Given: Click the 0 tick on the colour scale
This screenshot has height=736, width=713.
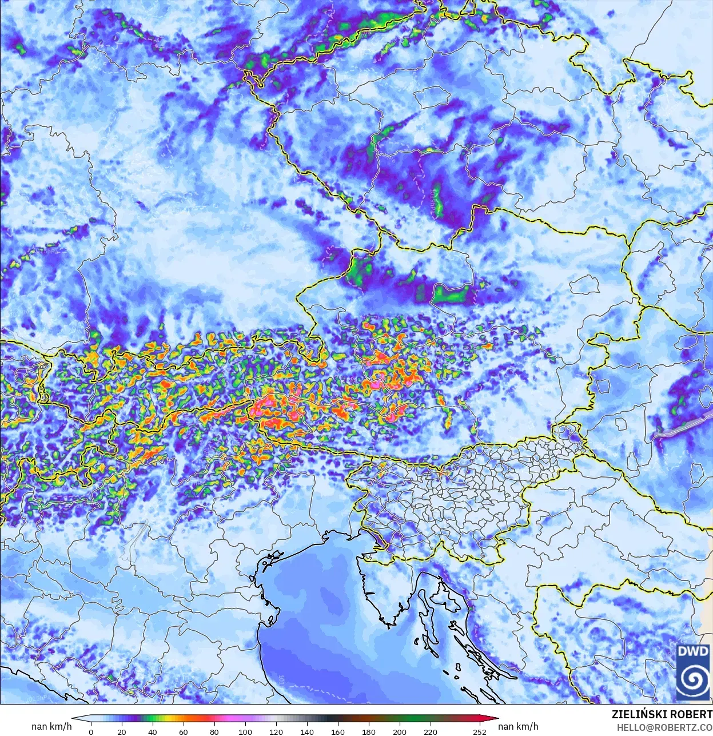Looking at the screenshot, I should (91, 731).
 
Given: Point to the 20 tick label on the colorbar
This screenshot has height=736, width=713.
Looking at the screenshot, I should (122, 731).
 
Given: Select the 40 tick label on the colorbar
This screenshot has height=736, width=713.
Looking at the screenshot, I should (153, 731).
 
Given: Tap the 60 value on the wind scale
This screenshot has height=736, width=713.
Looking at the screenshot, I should (184, 731).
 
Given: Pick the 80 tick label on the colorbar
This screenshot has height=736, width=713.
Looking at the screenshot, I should (214, 731).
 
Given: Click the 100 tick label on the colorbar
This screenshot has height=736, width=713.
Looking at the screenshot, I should (245, 731).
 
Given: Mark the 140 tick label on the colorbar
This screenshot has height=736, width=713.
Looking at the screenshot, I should (307, 731).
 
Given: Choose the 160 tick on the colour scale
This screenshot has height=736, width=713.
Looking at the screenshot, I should (338, 731).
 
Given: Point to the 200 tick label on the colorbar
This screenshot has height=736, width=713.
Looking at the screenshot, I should (400, 731).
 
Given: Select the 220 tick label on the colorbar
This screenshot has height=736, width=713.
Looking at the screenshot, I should (431, 731).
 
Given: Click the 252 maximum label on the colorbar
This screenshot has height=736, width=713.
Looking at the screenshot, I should (480, 731).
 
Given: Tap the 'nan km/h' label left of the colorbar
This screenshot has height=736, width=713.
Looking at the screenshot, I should (51, 726).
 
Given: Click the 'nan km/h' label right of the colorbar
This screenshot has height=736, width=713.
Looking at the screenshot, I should (518, 726).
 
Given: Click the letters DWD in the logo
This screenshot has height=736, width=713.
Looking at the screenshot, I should (693, 651).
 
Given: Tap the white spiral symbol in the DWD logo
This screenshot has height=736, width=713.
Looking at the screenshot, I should (693, 679).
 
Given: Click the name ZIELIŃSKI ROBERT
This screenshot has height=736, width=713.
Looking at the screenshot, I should (662, 715).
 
